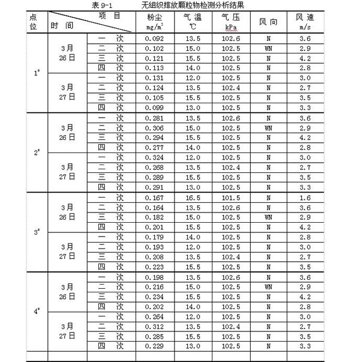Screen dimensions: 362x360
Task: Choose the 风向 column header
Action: [x=268, y=22]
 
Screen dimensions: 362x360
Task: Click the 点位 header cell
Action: [x=34, y=22]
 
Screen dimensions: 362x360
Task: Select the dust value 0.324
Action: [x=155, y=157]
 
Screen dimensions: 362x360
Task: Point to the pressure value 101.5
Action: [x=228, y=197]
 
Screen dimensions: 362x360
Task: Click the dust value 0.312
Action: [x=155, y=326]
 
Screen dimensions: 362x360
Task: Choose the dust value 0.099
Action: [x=155, y=107]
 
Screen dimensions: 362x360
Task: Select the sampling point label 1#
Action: [x=37, y=73]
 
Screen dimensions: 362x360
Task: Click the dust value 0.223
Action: [x=155, y=266]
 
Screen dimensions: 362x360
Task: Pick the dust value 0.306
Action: [x=155, y=128]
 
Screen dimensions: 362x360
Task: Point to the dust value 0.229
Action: [x=155, y=345]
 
